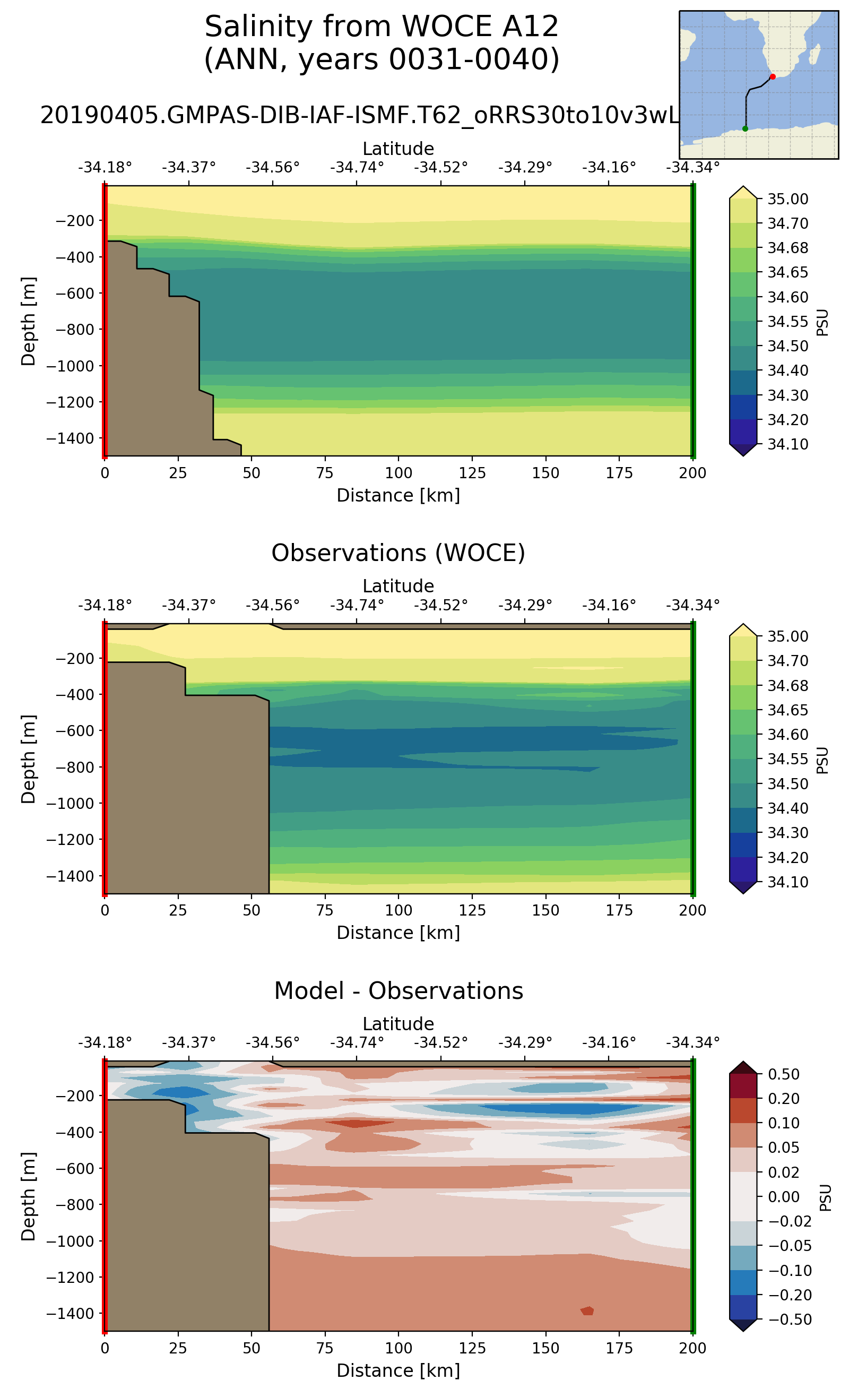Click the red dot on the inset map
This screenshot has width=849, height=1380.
pyautogui.click(x=773, y=76)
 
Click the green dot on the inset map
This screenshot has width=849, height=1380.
pyautogui.click(x=745, y=128)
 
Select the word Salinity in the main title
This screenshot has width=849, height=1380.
pyautogui.click(x=250, y=27)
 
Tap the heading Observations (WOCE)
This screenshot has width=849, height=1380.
pyautogui.click(x=398, y=553)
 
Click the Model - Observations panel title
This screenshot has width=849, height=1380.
pyautogui.click(x=398, y=990)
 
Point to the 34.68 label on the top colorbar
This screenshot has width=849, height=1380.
pyautogui.click(x=788, y=248)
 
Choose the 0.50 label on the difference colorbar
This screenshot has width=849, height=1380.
pyautogui.click(x=784, y=1074)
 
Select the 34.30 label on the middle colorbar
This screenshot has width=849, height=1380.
pyautogui.click(x=788, y=832)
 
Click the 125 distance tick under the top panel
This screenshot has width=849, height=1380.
pyautogui.click(x=472, y=473)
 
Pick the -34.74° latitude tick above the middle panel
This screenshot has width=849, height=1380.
pyautogui.click(x=357, y=606)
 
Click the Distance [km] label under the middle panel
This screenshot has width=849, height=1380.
pyautogui.click(x=398, y=933)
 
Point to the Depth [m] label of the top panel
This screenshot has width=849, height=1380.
pyautogui.click(x=28, y=321)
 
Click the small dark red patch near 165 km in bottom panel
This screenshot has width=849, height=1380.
pyautogui.click(x=587, y=1310)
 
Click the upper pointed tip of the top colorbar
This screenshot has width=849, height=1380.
pyautogui.click(x=743, y=187)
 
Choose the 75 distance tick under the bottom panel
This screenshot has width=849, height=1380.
pyautogui.click(x=325, y=1348)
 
